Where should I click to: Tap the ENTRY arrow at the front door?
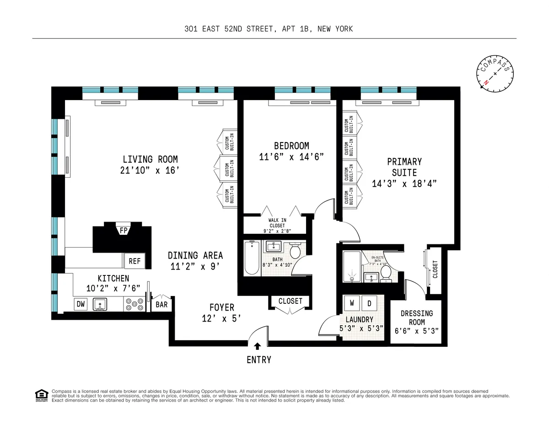[258, 347]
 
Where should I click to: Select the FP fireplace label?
[124, 231]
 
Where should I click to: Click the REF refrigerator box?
[135, 261]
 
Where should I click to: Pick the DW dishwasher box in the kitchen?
[80, 304]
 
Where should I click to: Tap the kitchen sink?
[100, 304]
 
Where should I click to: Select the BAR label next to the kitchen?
[161, 304]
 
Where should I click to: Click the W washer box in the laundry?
[352, 303]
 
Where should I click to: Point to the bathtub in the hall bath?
[251, 258]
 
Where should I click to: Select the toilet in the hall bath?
[295, 251]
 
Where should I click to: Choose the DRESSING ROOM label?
[416, 318]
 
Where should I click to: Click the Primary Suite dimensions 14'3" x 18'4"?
[404, 184]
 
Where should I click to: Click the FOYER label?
[222, 307]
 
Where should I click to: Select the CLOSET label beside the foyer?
[290, 301]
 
